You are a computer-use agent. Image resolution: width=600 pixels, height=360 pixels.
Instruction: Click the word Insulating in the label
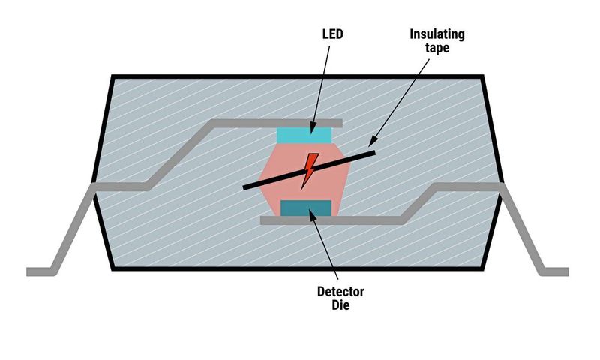(437, 34)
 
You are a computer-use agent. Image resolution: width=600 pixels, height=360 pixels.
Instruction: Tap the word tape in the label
(437, 49)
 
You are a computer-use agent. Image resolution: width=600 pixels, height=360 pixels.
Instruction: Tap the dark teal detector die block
(305, 208)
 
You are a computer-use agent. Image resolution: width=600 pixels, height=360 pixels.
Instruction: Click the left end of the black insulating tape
(245, 188)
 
